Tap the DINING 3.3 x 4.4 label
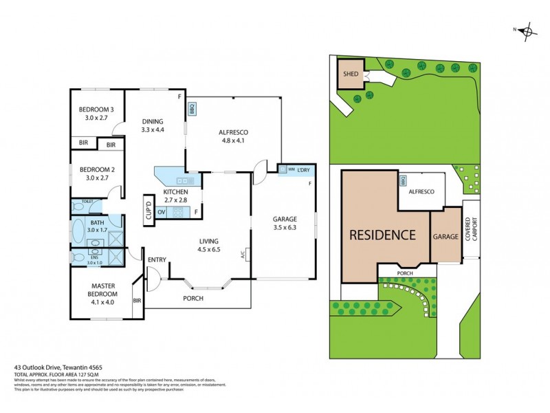[152, 125]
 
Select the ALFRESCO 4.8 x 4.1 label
[234, 136]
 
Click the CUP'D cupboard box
[148, 209]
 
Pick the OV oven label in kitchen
[162, 212]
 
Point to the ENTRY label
[157, 259]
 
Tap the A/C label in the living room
[243, 254]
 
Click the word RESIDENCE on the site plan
[383, 234]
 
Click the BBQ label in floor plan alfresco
[192, 108]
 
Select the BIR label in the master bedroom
[137, 301]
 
